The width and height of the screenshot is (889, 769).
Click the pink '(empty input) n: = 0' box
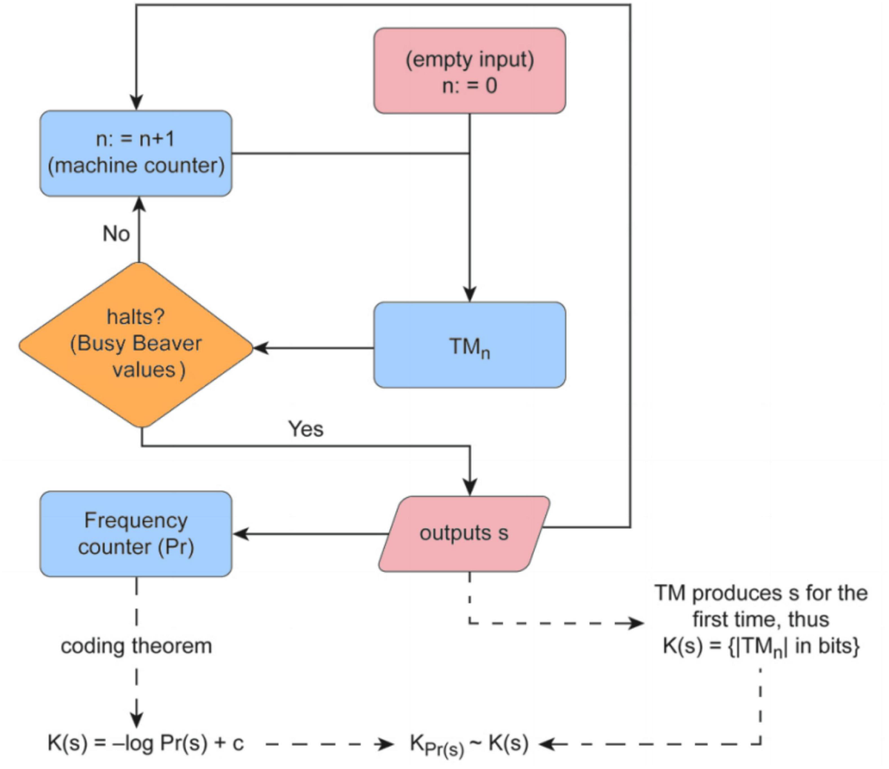(x=470, y=71)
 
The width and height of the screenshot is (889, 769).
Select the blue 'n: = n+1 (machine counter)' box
(x=136, y=153)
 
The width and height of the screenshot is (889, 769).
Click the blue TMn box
(x=470, y=345)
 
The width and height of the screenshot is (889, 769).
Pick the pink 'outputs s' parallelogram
(x=465, y=533)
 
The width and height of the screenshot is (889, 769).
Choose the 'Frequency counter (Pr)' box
(x=136, y=533)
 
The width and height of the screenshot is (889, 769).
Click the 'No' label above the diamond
(x=116, y=234)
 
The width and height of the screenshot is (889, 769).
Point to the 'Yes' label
(x=306, y=429)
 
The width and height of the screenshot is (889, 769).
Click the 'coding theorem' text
(x=136, y=646)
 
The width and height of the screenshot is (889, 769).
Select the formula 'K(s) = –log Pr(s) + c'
(x=146, y=743)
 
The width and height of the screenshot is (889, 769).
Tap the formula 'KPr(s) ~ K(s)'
(x=469, y=745)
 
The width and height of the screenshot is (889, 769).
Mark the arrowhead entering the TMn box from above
(x=470, y=295)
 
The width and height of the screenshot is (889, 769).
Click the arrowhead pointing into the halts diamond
(x=261, y=347)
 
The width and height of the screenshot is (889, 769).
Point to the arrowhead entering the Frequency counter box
(x=241, y=533)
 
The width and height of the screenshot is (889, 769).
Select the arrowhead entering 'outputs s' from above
(x=470, y=488)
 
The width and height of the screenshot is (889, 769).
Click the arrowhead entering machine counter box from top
(x=136, y=103)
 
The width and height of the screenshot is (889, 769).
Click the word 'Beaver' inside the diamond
(x=167, y=344)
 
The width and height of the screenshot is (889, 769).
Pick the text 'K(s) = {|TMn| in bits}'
(x=761, y=647)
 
